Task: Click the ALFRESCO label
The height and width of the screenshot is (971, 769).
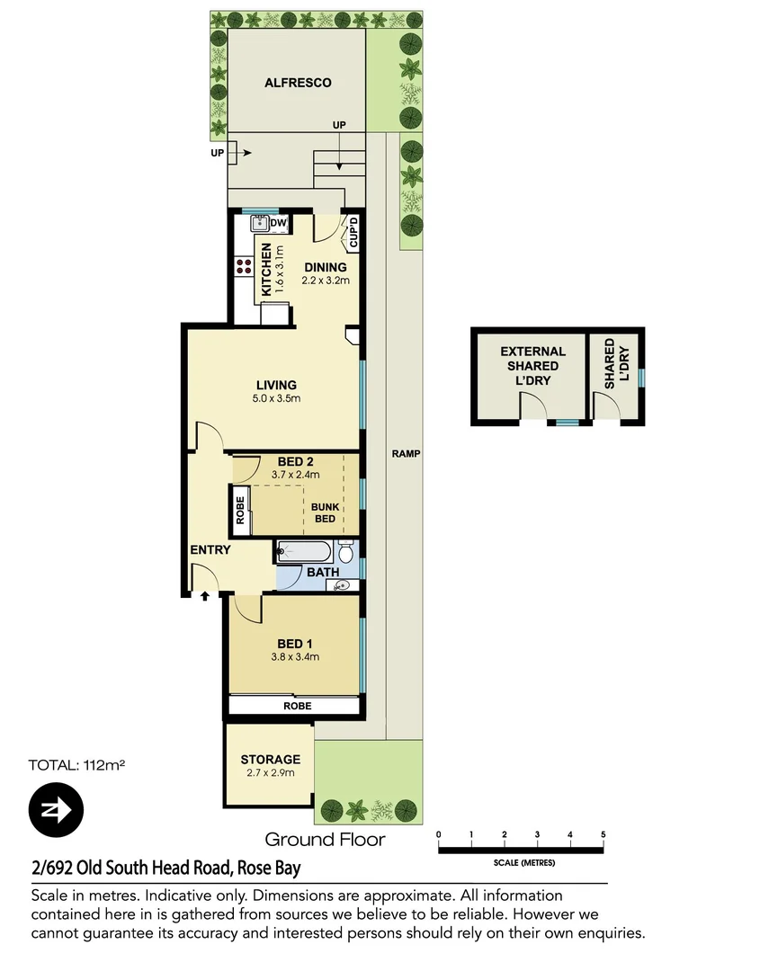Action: pos(298,83)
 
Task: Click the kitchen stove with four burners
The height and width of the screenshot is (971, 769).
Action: pos(244,266)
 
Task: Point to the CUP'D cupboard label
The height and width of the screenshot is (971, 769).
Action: pos(353,232)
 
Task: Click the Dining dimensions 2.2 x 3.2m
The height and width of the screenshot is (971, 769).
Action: pos(326,281)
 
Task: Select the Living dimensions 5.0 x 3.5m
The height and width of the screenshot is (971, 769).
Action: pos(276,398)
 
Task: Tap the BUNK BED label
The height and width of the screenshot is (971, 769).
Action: pos(325,512)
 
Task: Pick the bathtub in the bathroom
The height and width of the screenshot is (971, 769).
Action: pos(303,550)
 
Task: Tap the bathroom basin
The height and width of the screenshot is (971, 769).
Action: pos(342,586)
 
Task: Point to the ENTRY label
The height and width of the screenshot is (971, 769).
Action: pos(210,550)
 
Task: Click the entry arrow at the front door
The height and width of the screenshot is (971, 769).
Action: pos(205,594)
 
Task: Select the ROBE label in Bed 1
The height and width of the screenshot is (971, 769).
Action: pos(297,706)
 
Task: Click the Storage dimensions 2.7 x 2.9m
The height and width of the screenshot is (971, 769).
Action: pos(269,772)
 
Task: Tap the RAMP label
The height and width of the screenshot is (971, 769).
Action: pos(406,454)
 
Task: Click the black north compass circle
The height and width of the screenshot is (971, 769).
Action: pos(56,809)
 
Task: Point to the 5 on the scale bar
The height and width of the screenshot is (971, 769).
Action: pos(603,835)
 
